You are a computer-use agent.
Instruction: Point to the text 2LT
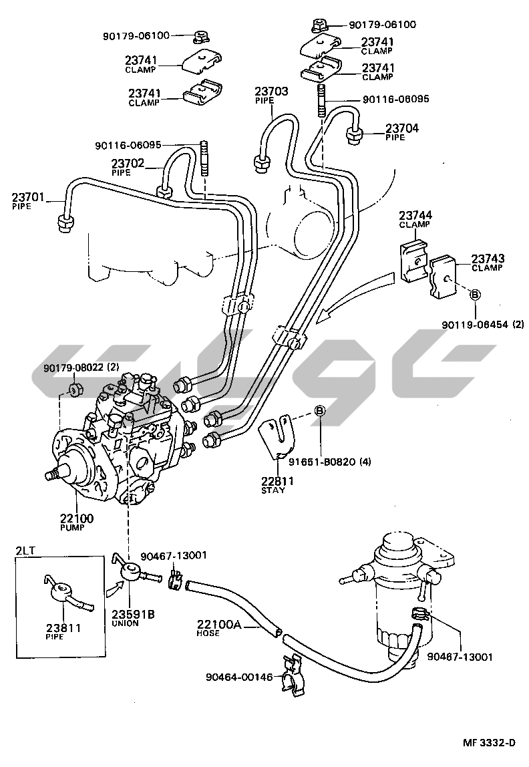coord(27,551)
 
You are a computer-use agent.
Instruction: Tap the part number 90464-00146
coord(240,677)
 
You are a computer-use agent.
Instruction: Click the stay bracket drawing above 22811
coord(279,437)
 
